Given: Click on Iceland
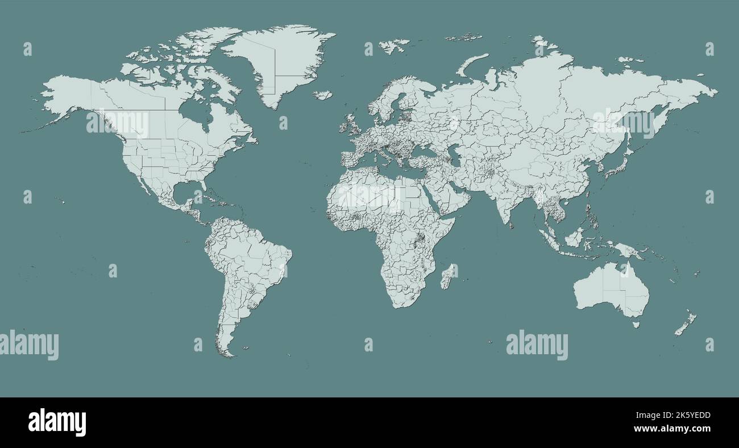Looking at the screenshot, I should (x=323, y=94).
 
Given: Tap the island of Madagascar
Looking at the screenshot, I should (x=449, y=275).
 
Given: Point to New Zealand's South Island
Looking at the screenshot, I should (x=681, y=327).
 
